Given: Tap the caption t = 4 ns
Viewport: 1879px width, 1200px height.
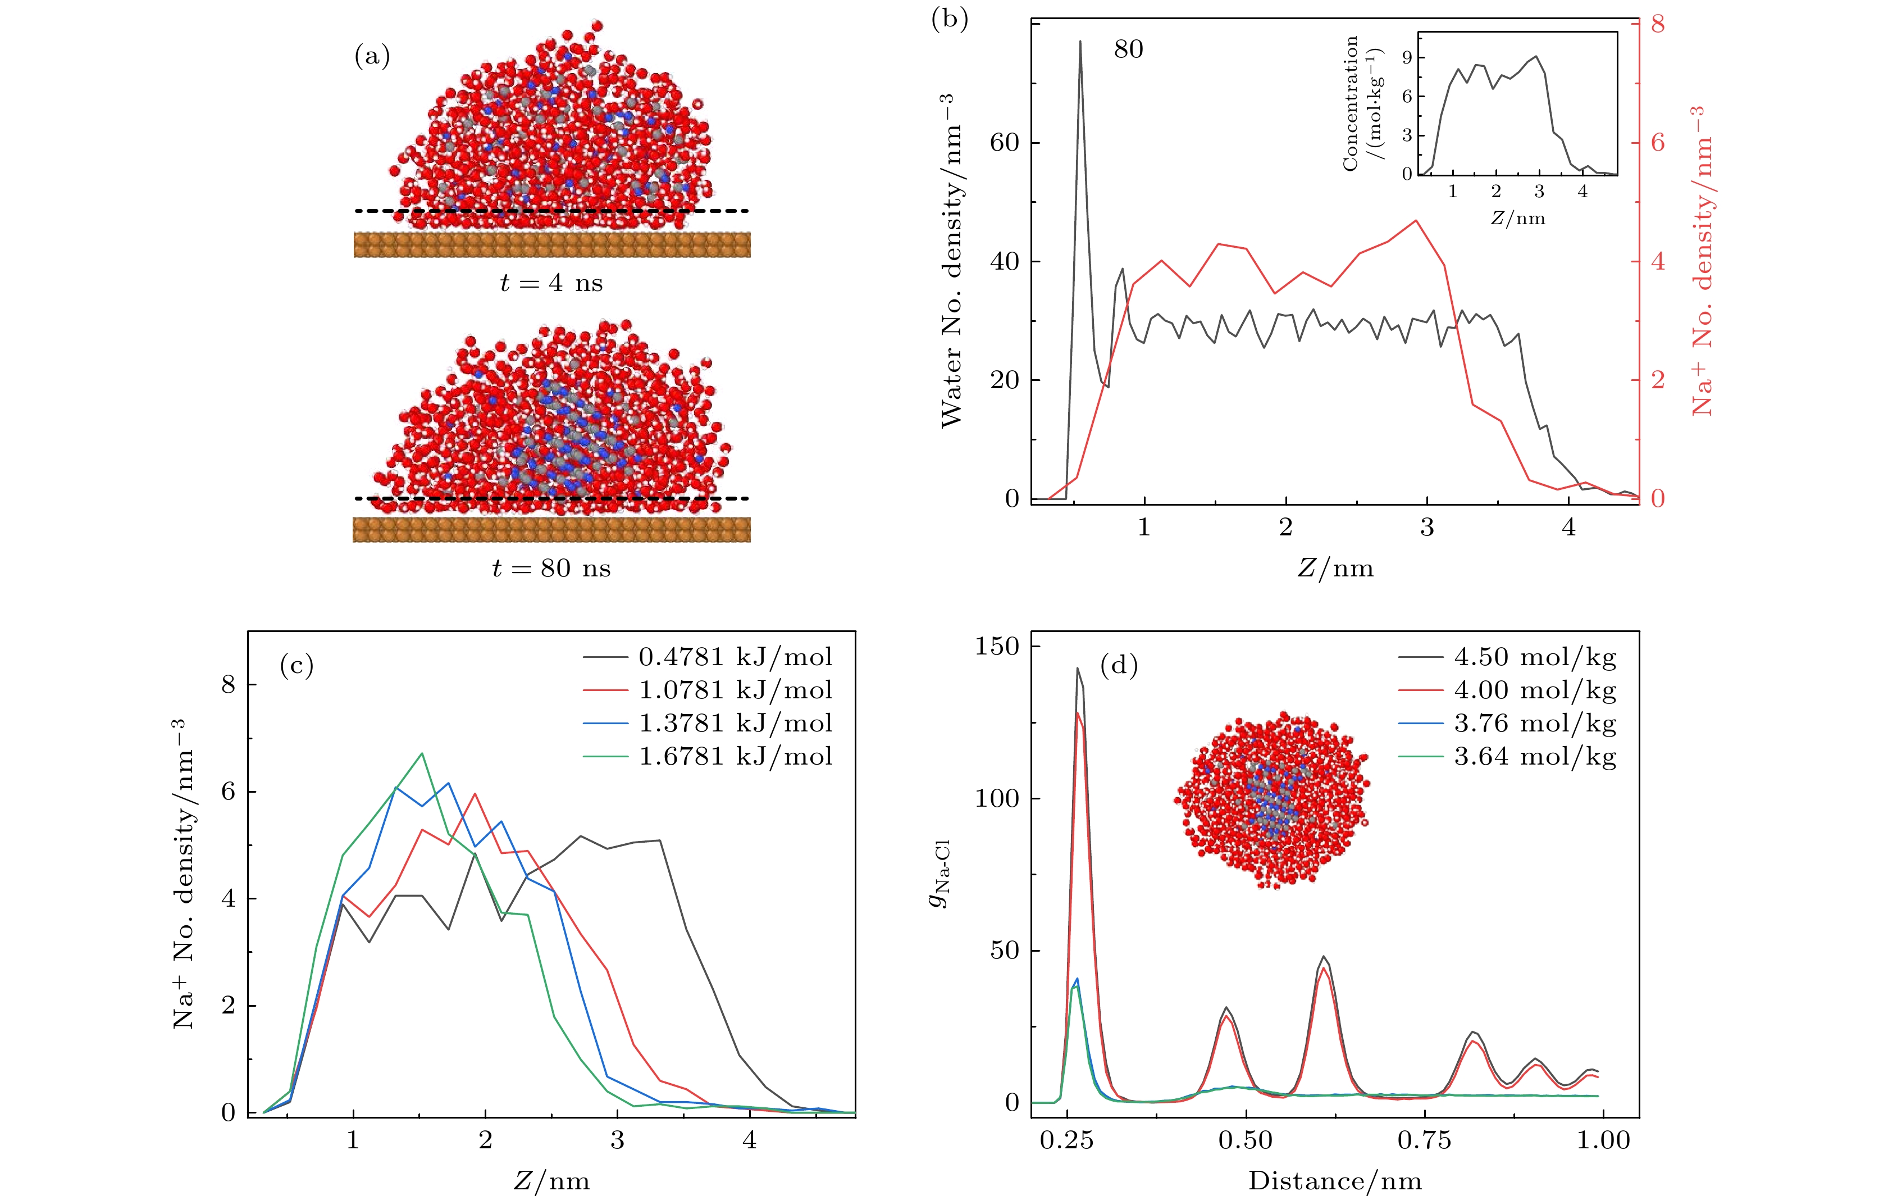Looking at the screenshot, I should tap(551, 283).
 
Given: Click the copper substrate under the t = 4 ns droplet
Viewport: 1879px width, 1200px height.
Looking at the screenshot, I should tap(551, 244).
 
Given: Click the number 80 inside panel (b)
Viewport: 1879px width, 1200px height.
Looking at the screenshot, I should tap(1128, 49).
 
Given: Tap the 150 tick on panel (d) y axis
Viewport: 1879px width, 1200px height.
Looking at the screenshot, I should tap(997, 647).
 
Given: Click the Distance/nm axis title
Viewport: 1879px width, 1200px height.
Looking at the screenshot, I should tap(1334, 1180).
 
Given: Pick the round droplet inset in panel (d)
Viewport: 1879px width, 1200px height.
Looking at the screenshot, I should tap(1272, 799).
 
